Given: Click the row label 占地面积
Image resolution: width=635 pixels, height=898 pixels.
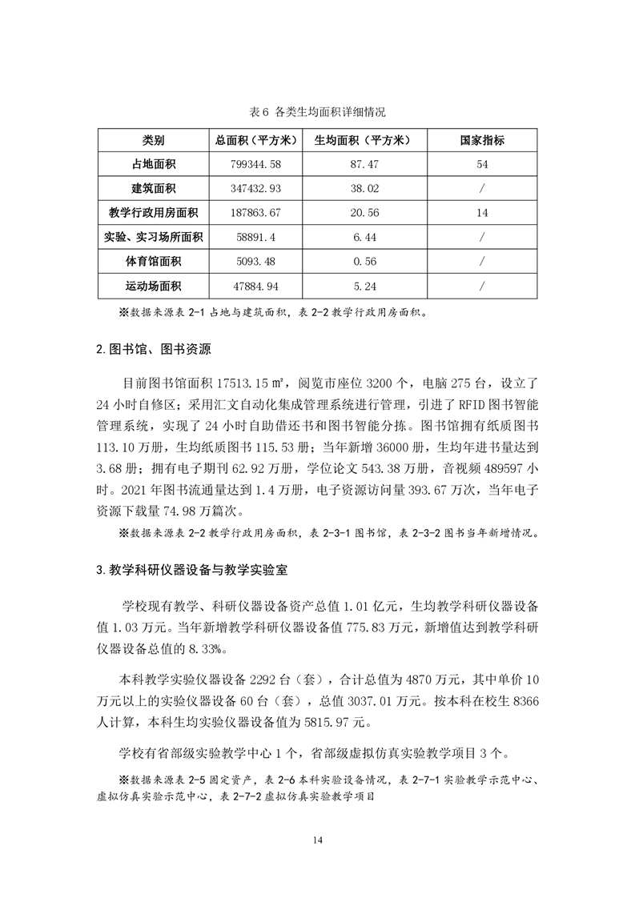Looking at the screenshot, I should click(154, 164).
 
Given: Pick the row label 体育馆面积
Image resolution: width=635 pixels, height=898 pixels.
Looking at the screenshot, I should click(154, 262).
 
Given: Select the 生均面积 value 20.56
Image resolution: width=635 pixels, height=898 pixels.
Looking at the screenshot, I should click(358, 213).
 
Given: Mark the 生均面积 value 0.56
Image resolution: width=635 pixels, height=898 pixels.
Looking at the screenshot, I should click(358, 262).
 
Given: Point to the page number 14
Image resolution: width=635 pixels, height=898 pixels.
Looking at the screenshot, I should click(317, 840).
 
